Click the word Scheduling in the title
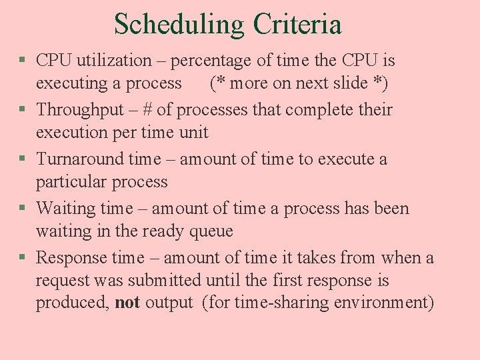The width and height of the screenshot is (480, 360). tap(179, 25)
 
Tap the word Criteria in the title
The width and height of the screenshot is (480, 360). tap(297, 25)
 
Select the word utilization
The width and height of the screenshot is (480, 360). tap(114, 61)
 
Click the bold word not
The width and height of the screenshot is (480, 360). tap(127, 303)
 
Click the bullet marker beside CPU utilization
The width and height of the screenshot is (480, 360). tap(23, 61)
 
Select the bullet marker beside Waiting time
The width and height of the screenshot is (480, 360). tap(23, 209)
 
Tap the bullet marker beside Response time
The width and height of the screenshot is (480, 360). tap(23, 258)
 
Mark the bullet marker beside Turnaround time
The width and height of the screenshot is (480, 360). tap(23, 159)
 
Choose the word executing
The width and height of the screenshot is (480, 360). tap(72, 83)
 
